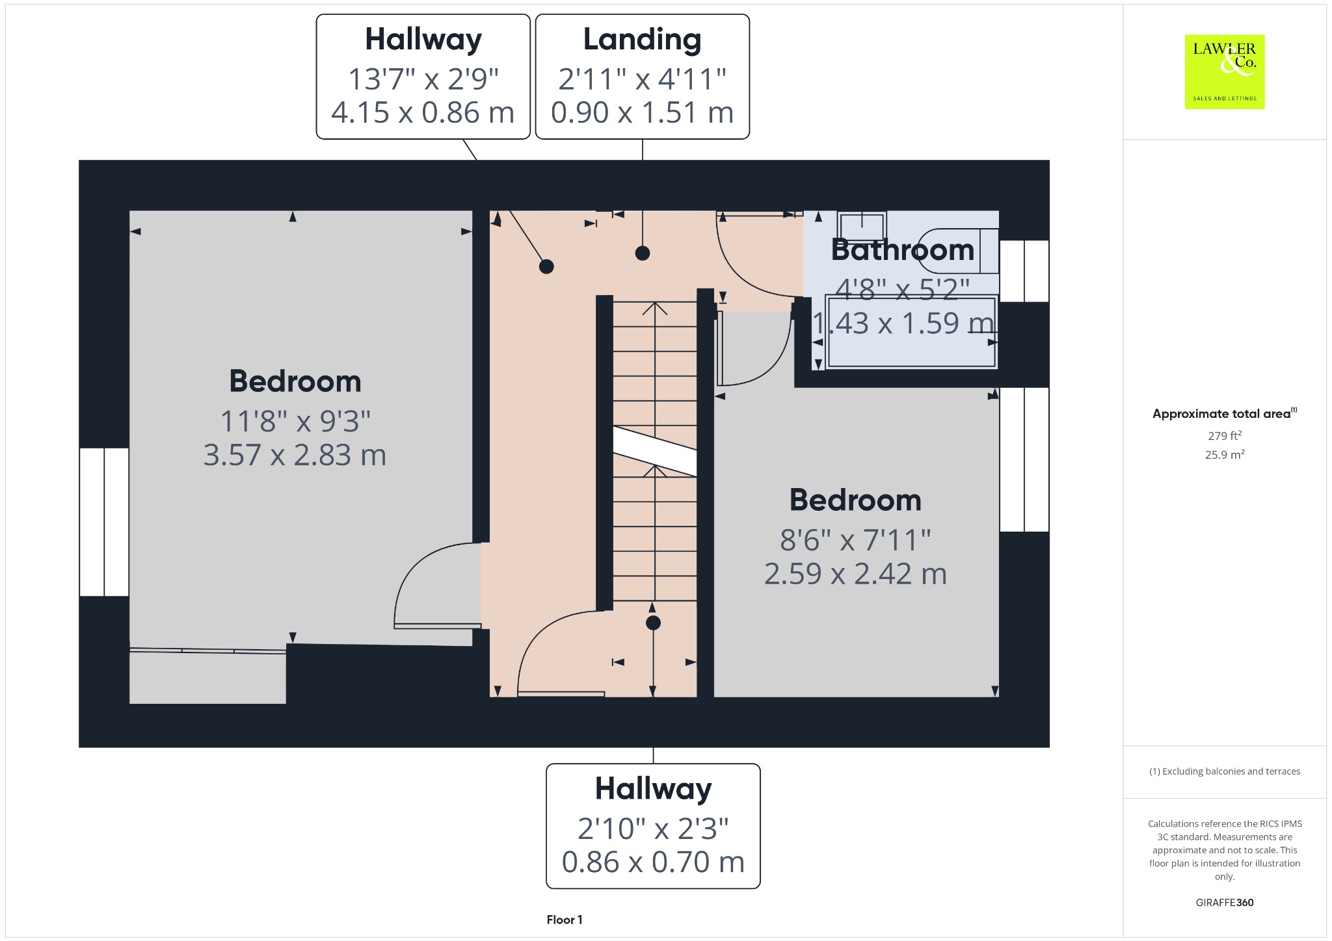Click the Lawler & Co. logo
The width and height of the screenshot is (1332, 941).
(x=1224, y=71)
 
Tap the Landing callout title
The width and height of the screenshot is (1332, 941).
(x=642, y=40)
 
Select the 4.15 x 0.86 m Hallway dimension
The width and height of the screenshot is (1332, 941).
(x=423, y=112)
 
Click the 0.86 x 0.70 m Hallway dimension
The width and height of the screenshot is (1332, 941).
(x=653, y=862)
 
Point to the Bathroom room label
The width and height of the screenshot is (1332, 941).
(x=903, y=250)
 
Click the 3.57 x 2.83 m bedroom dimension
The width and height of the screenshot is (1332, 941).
(x=295, y=455)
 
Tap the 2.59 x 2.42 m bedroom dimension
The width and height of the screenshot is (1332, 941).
(x=855, y=574)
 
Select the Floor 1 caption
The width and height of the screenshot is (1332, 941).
(x=565, y=920)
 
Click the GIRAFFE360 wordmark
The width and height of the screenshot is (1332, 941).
(x=1225, y=902)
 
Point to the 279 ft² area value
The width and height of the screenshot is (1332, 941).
(x=1224, y=435)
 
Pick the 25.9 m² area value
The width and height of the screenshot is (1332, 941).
(x=1224, y=454)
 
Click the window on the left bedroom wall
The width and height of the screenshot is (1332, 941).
(x=104, y=522)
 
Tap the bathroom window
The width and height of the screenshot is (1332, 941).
(x=1024, y=271)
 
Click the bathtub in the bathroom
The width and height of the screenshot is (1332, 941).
(x=911, y=332)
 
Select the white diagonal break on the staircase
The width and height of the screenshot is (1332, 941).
(x=655, y=451)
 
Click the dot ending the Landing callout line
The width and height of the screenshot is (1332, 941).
(x=643, y=253)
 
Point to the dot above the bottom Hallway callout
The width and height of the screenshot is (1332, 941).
(x=653, y=623)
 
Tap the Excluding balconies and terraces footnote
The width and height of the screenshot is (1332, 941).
(x=1225, y=771)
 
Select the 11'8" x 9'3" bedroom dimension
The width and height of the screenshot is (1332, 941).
(x=295, y=421)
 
